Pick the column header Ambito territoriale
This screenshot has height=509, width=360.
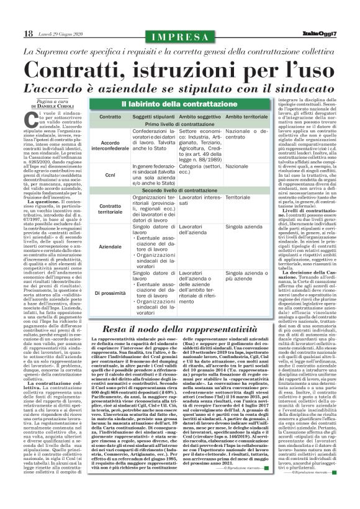pyautogui.click(x=246, y=117)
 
